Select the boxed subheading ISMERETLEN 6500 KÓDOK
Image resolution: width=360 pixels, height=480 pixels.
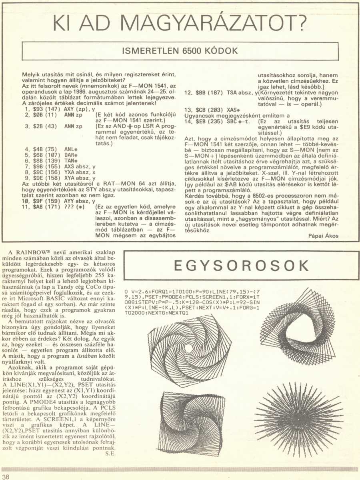pyautogui.click(x=180, y=51)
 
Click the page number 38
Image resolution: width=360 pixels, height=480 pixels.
pyautogui.click(x=6, y=476)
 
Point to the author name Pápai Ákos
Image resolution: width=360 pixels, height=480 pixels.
pyautogui.click(x=323, y=236)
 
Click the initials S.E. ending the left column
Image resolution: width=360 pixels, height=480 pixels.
pyautogui.click(x=110, y=453)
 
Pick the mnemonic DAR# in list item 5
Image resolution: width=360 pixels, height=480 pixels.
pyautogui.click(x=70, y=154)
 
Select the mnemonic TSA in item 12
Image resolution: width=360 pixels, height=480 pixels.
pyautogui.click(x=232, y=92)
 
